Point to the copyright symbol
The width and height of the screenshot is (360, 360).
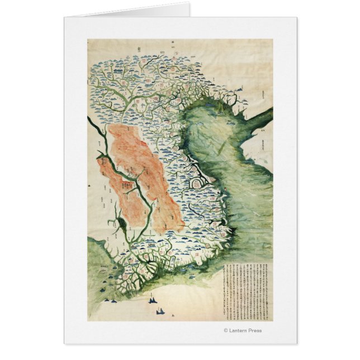pos(226,330)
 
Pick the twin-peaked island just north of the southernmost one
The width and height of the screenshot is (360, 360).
pos(152,301)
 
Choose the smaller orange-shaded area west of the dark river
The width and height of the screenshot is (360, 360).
pos(112,179)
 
